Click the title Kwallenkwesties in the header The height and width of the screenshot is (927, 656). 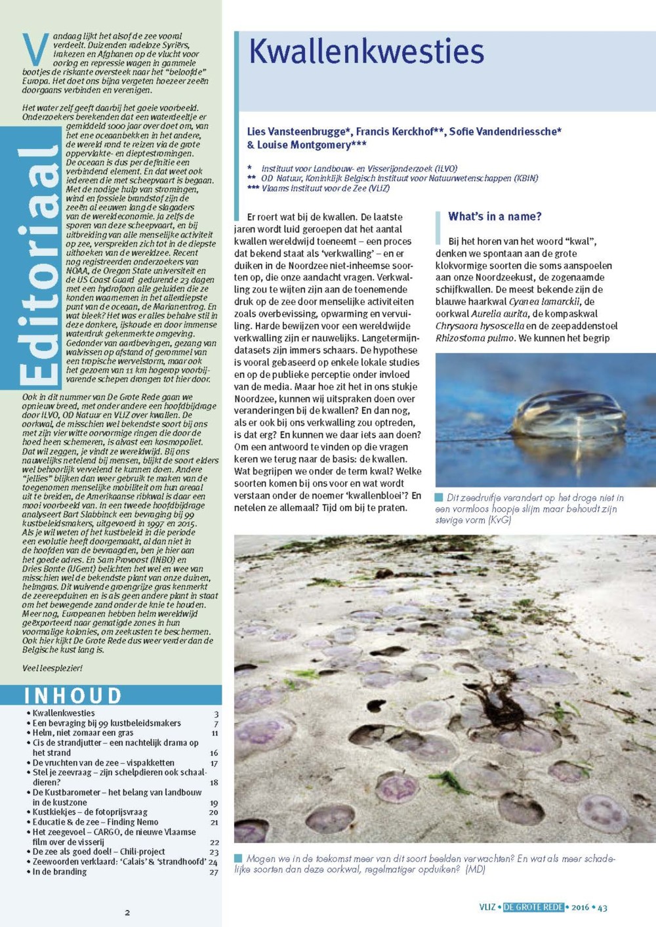[366, 52]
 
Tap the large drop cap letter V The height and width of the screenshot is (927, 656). [35, 49]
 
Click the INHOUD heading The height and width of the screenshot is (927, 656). [73, 695]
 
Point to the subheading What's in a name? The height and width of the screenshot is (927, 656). [495, 216]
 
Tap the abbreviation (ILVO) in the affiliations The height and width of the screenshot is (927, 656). [445, 169]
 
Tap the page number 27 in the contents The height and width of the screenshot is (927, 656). [214, 873]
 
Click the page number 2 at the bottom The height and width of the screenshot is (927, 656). [127, 912]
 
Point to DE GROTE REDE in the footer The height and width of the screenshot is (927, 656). [533, 907]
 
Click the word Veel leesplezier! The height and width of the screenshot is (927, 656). [52, 669]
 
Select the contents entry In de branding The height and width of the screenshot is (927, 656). [60, 872]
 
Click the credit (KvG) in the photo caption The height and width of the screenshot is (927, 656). [499, 520]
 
